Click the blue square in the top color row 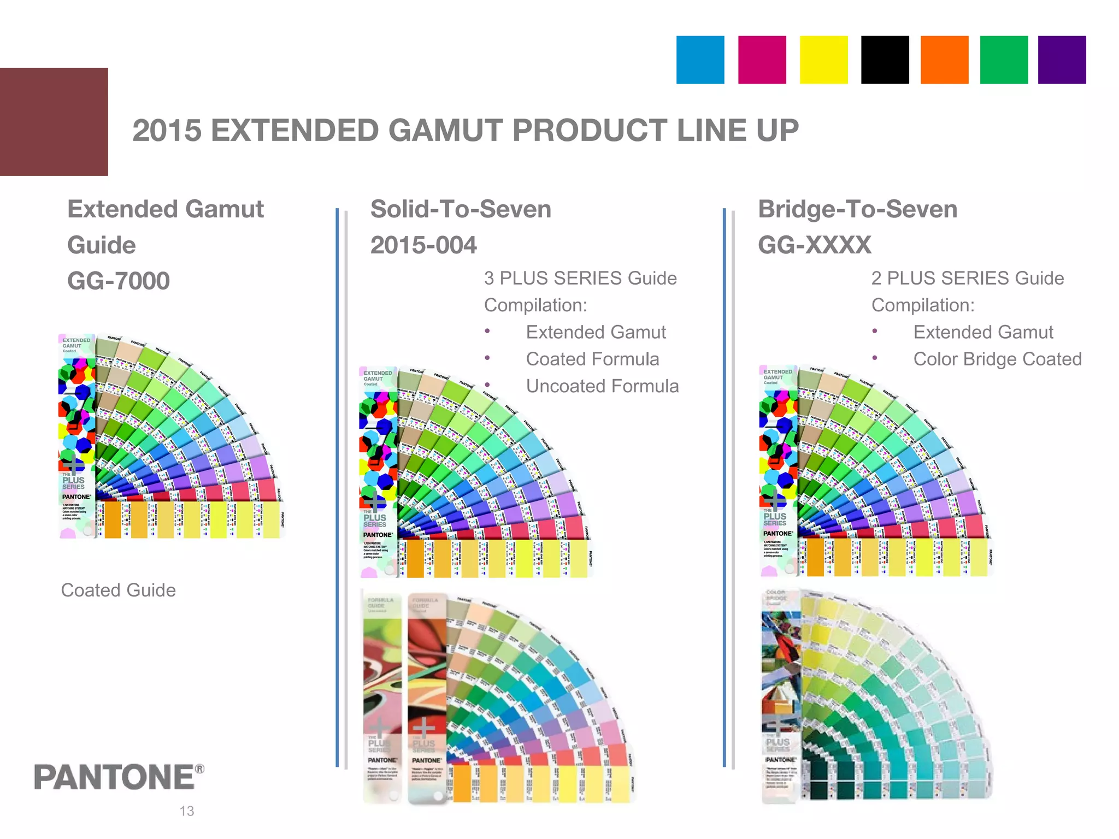[x=700, y=60]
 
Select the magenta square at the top [x=762, y=60]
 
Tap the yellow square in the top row [x=823, y=60]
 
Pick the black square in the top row [x=885, y=60]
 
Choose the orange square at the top [x=944, y=60]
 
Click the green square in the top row [x=1004, y=60]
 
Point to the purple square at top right [x=1062, y=60]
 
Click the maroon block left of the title [x=54, y=121]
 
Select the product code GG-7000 [x=119, y=281]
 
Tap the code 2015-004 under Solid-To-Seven [x=423, y=245]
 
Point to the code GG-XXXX [x=814, y=245]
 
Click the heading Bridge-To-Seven [x=857, y=209]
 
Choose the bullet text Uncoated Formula [x=602, y=386]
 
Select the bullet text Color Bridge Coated [x=997, y=359]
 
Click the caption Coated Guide [x=118, y=590]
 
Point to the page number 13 [x=187, y=811]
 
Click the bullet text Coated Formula [x=592, y=359]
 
